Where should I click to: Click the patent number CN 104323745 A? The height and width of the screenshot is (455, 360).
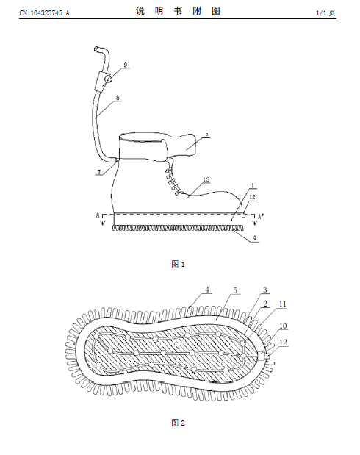[44, 13]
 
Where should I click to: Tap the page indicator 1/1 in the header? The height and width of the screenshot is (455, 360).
[321, 13]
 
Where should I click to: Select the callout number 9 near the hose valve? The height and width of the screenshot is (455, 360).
[126, 65]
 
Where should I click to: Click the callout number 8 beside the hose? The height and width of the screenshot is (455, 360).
[118, 98]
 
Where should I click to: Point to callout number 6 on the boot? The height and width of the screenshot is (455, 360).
[207, 134]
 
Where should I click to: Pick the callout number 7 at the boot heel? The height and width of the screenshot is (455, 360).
[99, 172]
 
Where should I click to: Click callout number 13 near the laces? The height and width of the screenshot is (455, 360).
[206, 180]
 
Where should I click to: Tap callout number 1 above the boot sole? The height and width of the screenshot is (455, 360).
[253, 185]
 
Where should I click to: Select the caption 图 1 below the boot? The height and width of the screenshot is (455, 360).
[178, 264]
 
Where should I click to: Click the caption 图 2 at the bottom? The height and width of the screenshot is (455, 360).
[178, 423]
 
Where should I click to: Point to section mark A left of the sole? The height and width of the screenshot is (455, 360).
[98, 215]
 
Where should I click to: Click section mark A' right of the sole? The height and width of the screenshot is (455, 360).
[261, 216]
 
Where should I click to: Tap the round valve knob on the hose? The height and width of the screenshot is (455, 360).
[107, 79]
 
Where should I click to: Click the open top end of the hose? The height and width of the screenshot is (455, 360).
[96, 49]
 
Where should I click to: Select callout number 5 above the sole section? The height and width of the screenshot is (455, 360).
[235, 290]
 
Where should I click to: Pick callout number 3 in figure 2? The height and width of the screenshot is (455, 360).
[264, 290]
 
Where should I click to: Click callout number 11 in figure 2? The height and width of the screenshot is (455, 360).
[283, 304]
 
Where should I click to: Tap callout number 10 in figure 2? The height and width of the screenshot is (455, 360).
[283, 326]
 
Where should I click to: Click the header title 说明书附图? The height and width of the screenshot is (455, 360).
[178, 11]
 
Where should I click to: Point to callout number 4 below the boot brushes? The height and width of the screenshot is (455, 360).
[254, 238]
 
